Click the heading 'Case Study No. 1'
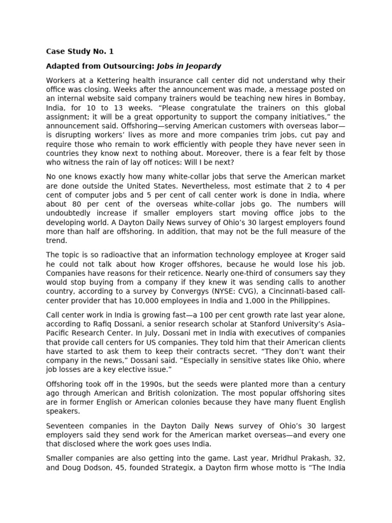(80, 51)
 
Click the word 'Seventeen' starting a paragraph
(64, 425)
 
